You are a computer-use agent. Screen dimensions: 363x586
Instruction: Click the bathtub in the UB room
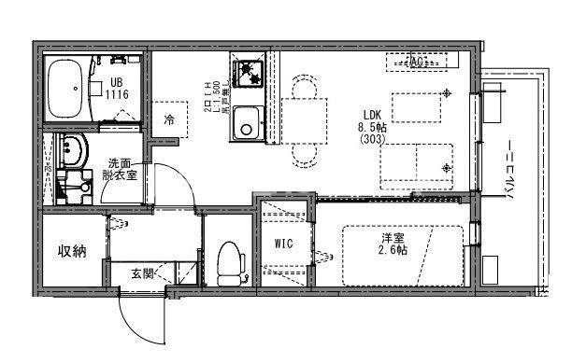pyautogui.click(x=65, y=87)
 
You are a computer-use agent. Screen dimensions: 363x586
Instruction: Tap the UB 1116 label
pyautogui.click(x=117, y=89)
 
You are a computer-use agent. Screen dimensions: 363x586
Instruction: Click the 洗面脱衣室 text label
pyautogui.click(x=120, y=168)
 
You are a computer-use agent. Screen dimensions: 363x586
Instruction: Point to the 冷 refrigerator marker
pyautogui.click(x=169, y=119)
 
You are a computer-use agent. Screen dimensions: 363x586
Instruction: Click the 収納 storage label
pyautogui.click(x=72, y=251)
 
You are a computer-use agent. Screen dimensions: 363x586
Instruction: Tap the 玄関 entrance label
pyautogui.click(x=142, y=273)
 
